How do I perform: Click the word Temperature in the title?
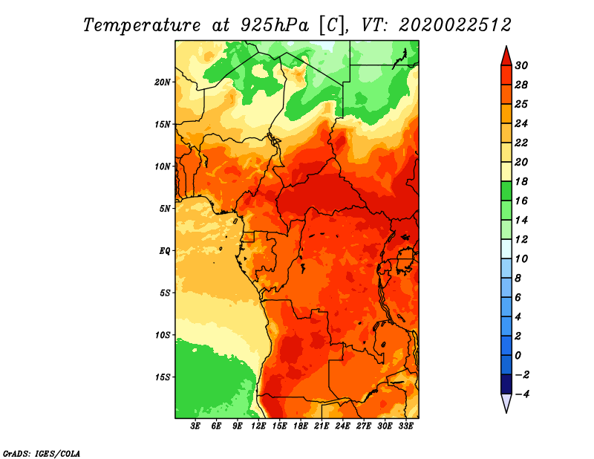pos(142,25)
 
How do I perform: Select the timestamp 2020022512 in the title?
pos(455,25)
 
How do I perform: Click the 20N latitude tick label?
pos(163,82)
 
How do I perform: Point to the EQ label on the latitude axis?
pos(164,251)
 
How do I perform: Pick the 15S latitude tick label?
pos(163,377)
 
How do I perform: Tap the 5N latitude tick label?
pos(165,209)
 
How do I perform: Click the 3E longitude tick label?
pos(195,426)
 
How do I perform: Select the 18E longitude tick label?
pos(301,426)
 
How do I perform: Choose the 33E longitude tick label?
pos(405,426)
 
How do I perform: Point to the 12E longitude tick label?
pos(258,426)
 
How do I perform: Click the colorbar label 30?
pos(521,65)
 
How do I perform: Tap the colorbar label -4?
pos(522,394)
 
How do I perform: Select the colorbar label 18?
pos(521,181)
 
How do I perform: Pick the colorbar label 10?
pos(521,259)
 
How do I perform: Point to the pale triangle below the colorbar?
pos(506,403)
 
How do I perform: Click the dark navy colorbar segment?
pos(506,384)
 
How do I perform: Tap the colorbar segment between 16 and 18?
pos(506,191)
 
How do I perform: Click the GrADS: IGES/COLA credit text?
pos(42,454)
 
